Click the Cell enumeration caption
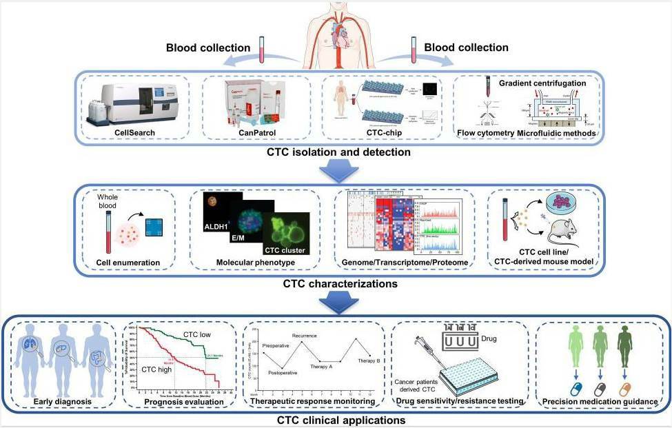(x=127, y=262)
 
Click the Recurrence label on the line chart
(x=304, y=336)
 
